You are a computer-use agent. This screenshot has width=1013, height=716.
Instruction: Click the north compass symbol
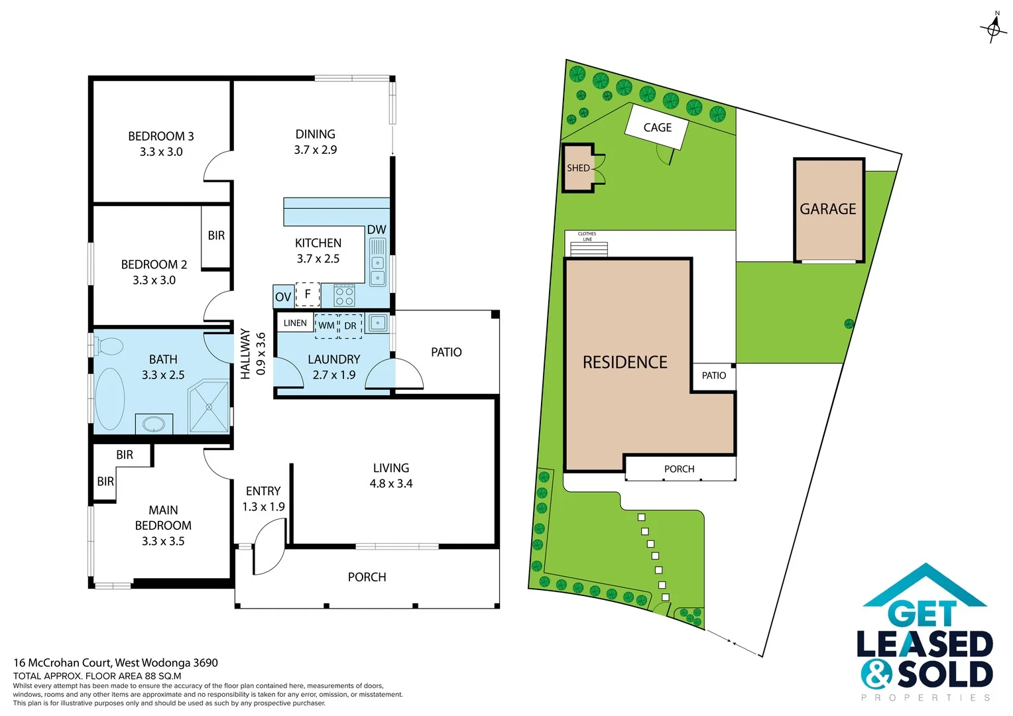[993, 28]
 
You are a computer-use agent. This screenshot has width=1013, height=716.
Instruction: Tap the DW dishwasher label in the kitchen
[377, 229]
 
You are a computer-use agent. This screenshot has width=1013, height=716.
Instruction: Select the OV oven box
[283, 296]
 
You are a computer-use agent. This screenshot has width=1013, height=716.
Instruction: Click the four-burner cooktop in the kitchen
[344, 295]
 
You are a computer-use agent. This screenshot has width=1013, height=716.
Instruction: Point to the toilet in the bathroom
[108, 346]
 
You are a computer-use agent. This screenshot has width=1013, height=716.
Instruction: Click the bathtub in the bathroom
[109, 399]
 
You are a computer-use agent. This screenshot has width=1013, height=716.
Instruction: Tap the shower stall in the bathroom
[209, 406]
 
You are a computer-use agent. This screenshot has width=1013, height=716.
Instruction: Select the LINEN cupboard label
[295, 323]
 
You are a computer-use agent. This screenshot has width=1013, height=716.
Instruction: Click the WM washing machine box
[326, 326]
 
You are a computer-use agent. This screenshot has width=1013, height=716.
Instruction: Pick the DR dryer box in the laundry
[350, 326]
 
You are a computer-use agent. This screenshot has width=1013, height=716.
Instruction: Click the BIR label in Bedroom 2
[216, 235]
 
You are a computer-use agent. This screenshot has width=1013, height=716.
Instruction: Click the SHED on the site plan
[578, 168]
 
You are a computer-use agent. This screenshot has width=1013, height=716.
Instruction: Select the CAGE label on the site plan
[657, 127]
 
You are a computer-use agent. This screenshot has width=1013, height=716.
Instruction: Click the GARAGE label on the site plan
[828, 209]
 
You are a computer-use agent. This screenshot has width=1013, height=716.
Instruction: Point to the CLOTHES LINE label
[587, 236]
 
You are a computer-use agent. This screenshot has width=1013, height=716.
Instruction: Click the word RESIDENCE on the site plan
[625, 362]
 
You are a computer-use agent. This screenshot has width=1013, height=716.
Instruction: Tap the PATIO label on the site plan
[713, 375]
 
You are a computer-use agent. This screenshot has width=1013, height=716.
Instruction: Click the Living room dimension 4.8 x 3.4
[391, 483]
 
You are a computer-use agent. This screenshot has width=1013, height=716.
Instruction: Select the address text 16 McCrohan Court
[63, 662]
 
